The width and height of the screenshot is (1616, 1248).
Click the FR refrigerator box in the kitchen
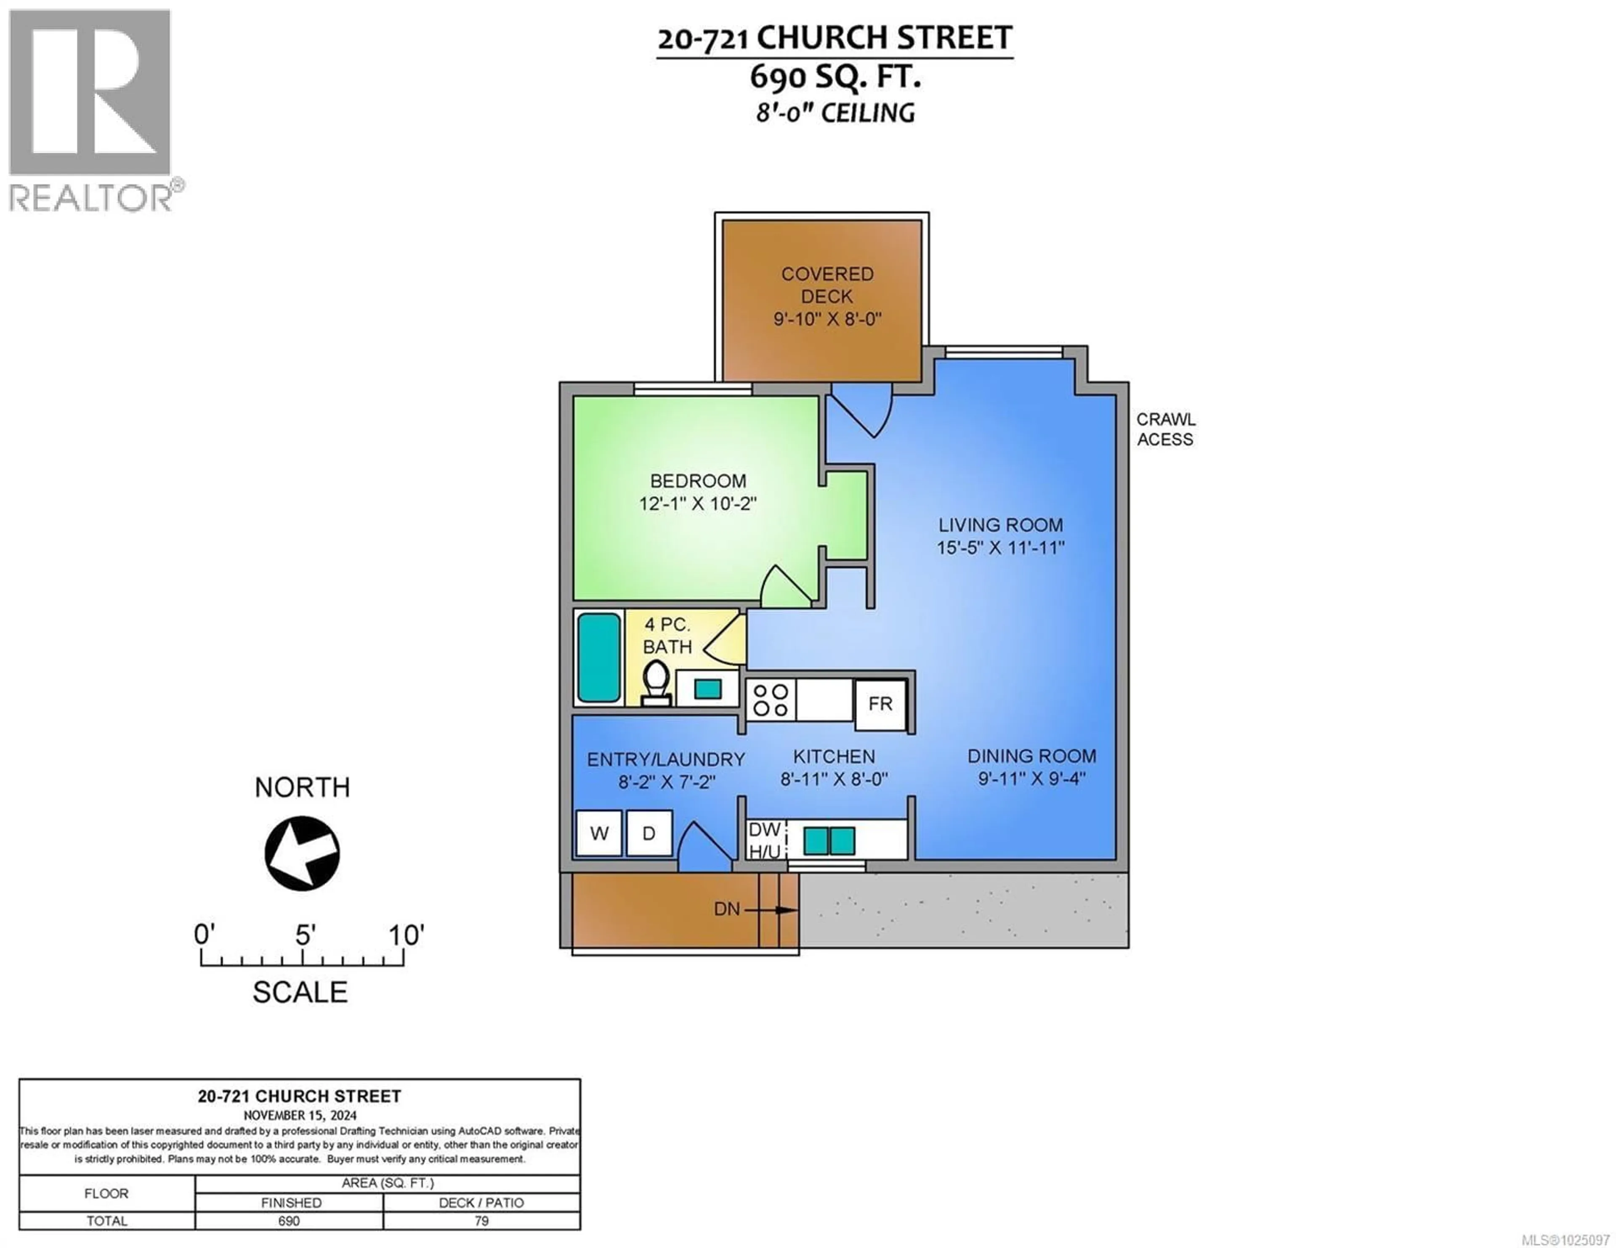click(880, 704)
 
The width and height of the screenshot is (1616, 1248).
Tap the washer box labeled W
click(598, 833)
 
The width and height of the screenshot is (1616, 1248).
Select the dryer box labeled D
click(649, 833)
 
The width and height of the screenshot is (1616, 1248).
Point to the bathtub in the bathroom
click(598, 657)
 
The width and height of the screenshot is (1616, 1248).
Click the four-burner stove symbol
click(770, 700)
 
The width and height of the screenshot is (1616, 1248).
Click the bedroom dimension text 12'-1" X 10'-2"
click(698, 504)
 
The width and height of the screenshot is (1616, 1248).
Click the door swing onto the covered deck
click(862, 409)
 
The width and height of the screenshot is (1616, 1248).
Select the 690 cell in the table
click(289, 1221)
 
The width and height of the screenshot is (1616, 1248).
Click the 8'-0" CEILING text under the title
click(835, 113)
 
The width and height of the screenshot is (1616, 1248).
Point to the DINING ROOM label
click(1031, 756)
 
